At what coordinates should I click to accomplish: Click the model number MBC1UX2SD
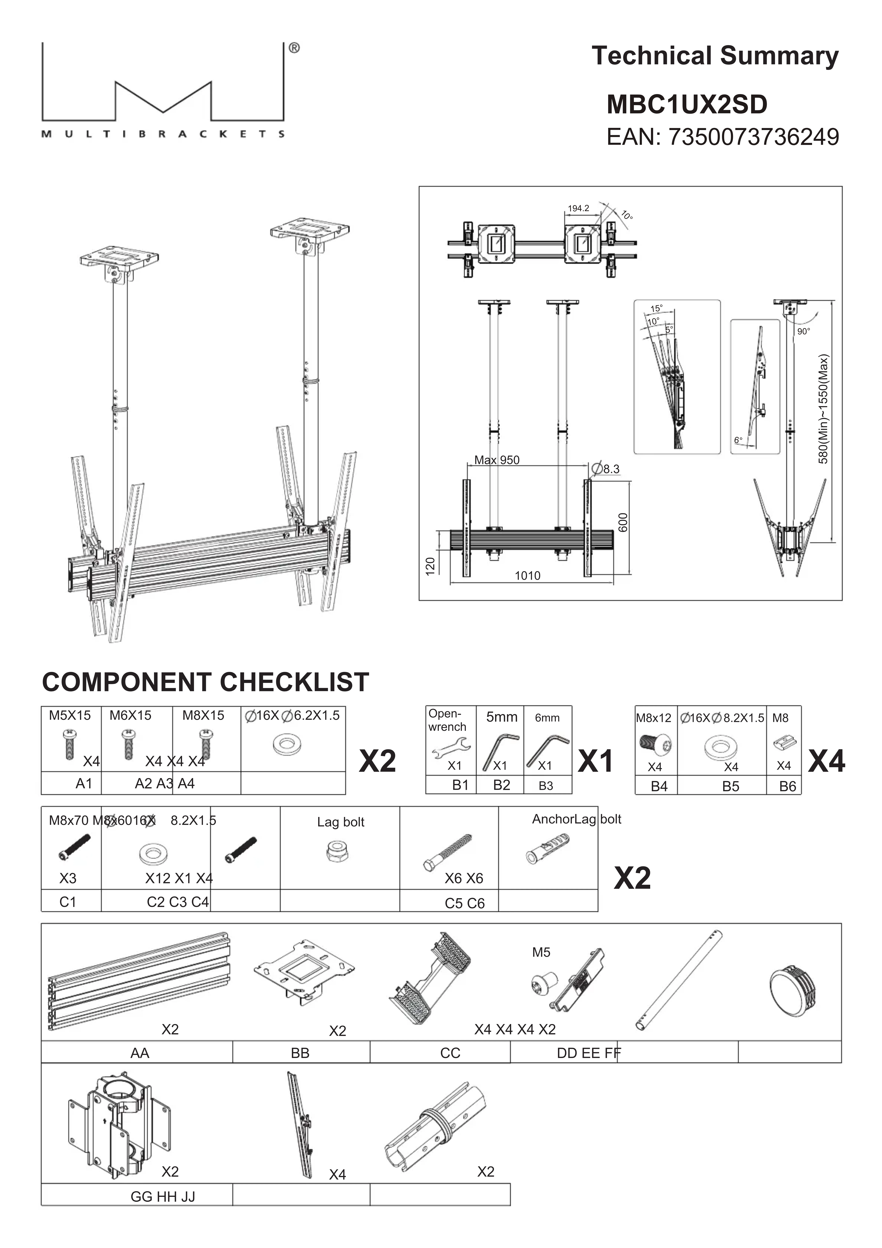click(687, 104)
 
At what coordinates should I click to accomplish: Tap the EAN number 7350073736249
click(753, 137)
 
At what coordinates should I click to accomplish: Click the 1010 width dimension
click(528, 576)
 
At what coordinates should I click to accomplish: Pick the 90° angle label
click(803, 331)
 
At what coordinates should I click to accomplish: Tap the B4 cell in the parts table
click(659, 786)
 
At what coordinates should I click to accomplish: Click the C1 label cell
click(68, 902)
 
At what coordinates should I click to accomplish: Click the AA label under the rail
click(140, 1053)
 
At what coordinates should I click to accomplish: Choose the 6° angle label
click(738, 440)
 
